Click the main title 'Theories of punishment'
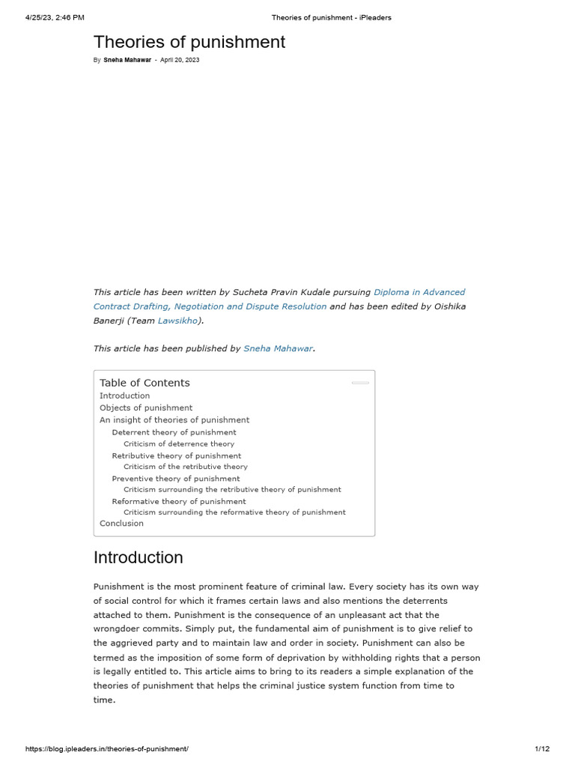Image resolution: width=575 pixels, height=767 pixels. click(x=189, y=42)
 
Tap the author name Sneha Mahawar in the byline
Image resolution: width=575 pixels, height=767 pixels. click(x=127, y=60)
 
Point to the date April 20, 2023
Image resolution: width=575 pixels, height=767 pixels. click(x=180, y=60)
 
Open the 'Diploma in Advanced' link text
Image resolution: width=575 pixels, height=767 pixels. click(x=419, y=292)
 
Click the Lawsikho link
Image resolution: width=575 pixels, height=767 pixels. click(x=177, y=320)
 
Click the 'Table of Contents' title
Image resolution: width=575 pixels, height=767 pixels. click(x=144, y=383)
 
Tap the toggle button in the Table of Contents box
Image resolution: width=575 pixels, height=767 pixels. click(x=360, y=383)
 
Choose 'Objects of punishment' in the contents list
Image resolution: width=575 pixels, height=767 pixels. click(x=146, y=407)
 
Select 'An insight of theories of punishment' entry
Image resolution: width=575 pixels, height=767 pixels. click(x=174, y=419)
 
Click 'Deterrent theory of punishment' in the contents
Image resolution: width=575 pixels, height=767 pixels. click(x=174, y=432)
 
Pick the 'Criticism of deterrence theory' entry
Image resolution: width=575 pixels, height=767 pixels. click(x=179, y=443)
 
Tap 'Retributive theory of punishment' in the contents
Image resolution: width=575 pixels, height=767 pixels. click(x=177, y=455)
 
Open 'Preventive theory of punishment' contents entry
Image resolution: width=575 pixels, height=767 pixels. click(x=176, y=478)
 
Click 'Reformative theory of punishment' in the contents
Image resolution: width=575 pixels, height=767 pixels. click(x=179, y=501)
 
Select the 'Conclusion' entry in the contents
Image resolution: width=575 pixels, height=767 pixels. click(x=121, y=523)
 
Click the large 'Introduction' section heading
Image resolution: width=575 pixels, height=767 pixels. click(x=138, y=557)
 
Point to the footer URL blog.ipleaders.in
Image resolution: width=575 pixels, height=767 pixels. click(x=107, y=749)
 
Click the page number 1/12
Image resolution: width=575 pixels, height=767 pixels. click(x=542, y=749)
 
